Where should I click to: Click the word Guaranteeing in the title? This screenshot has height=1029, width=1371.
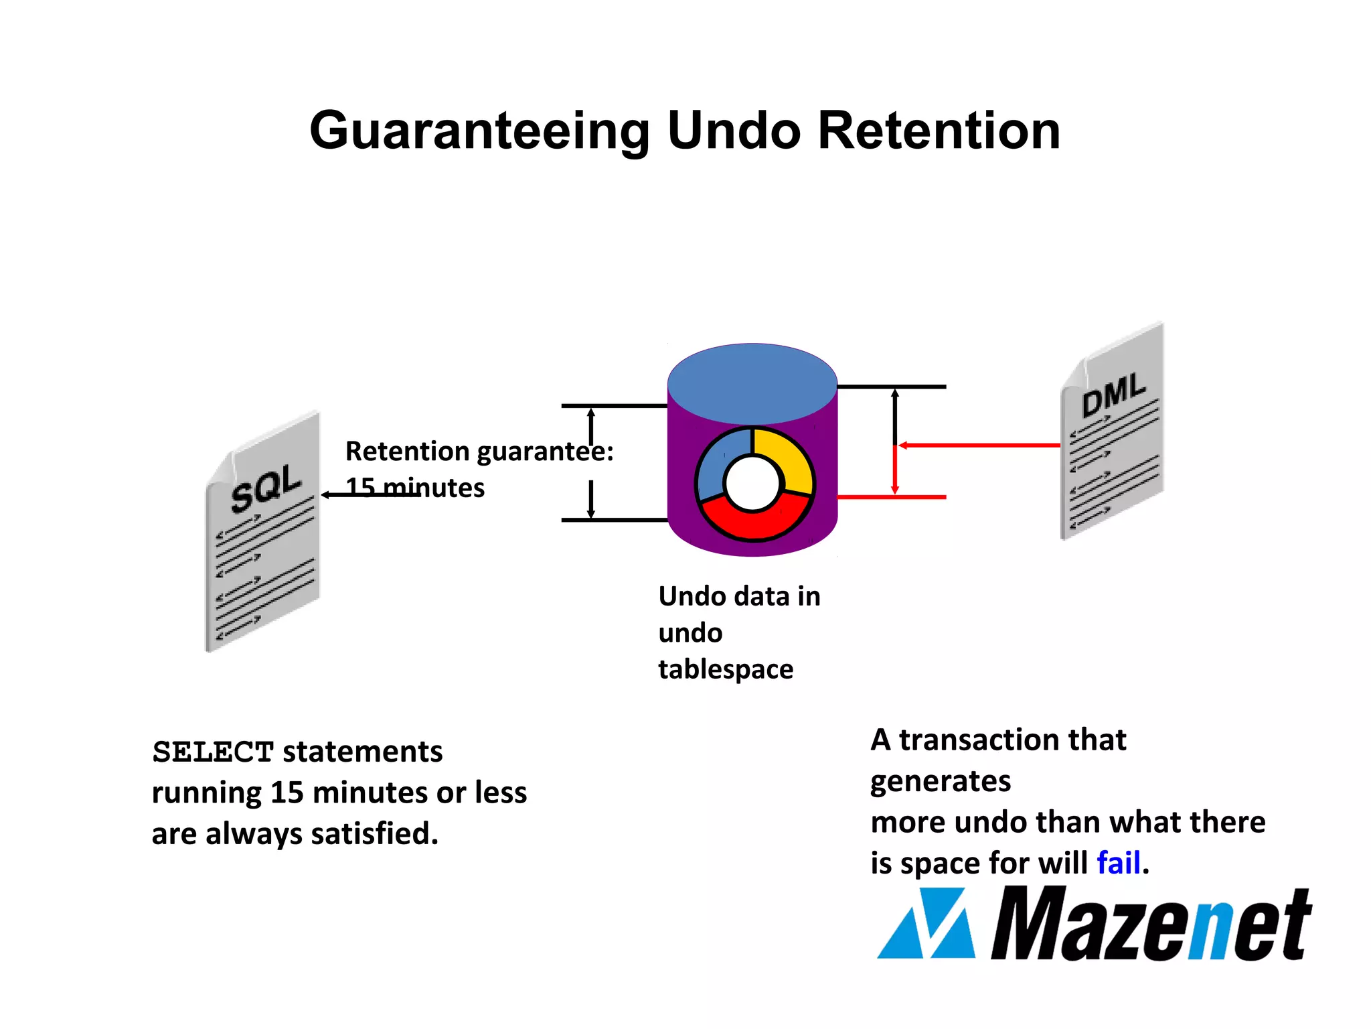tap(479, 131)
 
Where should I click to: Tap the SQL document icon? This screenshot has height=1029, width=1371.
tap(262, 533)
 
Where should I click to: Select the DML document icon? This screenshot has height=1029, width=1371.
tap(1112, 431)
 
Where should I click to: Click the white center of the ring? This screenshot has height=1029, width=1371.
tap(752, 483)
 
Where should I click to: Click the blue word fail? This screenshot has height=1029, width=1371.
tap(1118, 863)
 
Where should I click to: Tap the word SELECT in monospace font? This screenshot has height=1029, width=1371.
tap(213, 752)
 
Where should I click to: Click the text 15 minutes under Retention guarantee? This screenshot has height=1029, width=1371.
tap(415, 488)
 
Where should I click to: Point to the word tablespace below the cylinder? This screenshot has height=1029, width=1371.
tap(726, 669)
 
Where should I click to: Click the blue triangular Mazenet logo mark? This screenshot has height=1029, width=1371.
tap(927, 924)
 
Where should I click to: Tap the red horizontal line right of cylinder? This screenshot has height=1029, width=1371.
tap(892, 497)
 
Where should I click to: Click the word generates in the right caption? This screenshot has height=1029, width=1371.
tap(941, 782)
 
